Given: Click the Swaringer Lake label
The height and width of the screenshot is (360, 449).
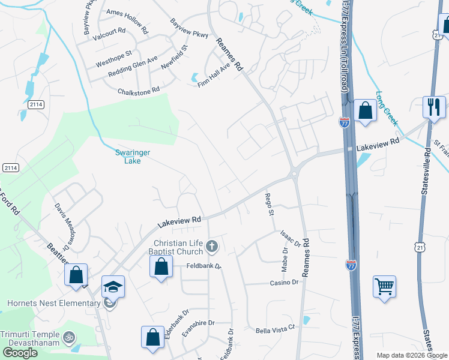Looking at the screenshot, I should pos(133,157).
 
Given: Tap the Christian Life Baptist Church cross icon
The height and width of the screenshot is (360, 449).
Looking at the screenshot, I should pos(211,245).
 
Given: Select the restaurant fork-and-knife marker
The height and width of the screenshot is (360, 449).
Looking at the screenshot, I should pos(434,107).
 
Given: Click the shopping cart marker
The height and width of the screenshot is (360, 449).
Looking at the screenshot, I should pos(384,286).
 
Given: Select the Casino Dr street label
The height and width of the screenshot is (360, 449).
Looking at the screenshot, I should pos(284,283).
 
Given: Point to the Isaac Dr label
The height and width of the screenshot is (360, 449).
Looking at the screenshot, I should pos(290,239).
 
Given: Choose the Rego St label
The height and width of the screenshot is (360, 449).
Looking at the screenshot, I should pos(270,204).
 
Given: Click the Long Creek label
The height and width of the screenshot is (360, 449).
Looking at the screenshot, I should pos(387,108).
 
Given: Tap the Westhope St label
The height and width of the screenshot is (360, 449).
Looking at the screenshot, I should pos(113,59).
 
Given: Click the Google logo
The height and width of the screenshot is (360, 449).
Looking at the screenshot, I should pos(20,353).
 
